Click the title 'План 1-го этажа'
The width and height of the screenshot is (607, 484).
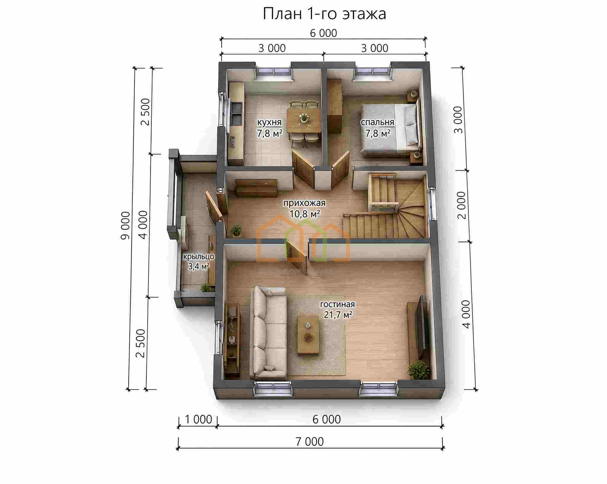tap(325, 14)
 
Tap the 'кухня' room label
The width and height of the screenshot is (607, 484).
tap(269, 122)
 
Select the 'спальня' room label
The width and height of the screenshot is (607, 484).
tap(377, 122)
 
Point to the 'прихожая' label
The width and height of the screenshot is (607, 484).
tap(304, 203)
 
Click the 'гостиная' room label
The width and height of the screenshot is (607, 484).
tap(337, 304)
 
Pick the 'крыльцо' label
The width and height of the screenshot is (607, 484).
tap(199, 257)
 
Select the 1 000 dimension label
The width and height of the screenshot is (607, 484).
tap(198, 419)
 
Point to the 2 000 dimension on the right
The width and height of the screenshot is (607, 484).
tap(461, 205)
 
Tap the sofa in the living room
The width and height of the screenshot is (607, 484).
tap(269, 333)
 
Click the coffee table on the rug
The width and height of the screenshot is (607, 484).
tap(309, 335)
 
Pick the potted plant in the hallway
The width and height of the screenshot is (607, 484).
tap(236, 230)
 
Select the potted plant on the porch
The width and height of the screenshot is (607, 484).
tap(205, 287)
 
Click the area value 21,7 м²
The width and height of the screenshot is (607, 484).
tap(338, 314)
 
